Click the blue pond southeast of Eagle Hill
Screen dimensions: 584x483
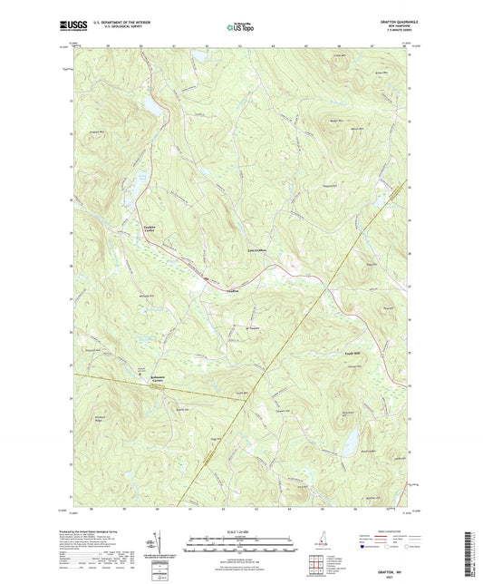point(347,442)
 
